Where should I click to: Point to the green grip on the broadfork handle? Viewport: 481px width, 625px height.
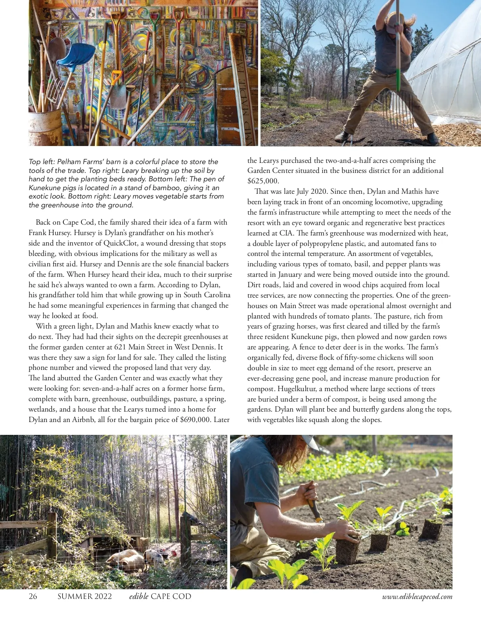(398, 80)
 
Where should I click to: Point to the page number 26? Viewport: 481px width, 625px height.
(33, 597)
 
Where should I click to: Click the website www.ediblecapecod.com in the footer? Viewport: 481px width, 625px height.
(417, 597)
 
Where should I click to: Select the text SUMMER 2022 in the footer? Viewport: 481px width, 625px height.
(85, 597)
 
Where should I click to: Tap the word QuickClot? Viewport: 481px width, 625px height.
(120, 243)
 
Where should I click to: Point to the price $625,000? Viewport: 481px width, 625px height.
(263, 181)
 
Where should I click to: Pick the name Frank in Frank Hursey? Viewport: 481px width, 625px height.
(38, 233)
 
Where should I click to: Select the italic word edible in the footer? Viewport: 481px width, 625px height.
(139, 597)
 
